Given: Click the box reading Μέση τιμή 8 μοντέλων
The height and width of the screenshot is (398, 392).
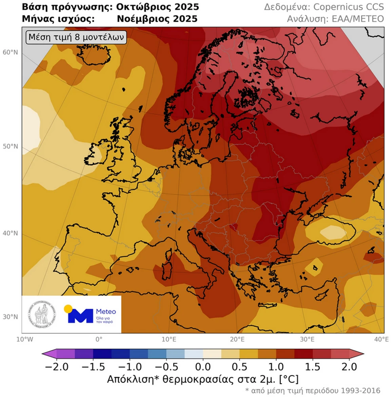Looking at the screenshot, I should (76, 38).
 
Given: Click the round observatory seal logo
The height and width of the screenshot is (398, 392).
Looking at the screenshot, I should (42, 315).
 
